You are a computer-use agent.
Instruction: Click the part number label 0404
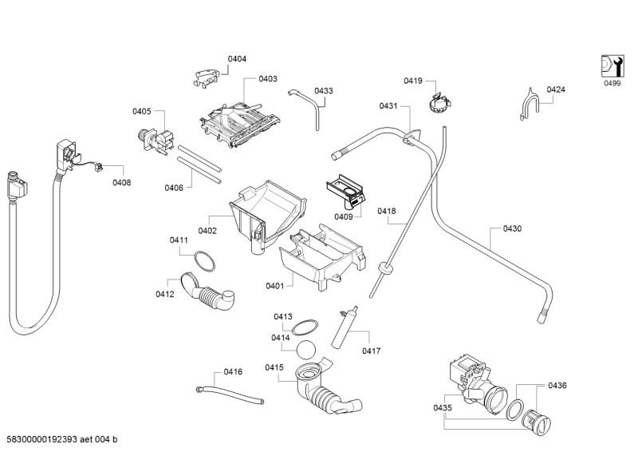click(237, 59)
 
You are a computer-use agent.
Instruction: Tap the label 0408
click(122, 183)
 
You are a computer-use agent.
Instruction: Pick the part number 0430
click(512, 229)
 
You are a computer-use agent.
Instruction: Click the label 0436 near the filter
click(557, 387)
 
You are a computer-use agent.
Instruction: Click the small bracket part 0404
click(207, 75)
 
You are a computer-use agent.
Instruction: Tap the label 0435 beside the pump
click(443, 408)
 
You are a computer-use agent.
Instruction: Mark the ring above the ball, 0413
click(304, 326)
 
